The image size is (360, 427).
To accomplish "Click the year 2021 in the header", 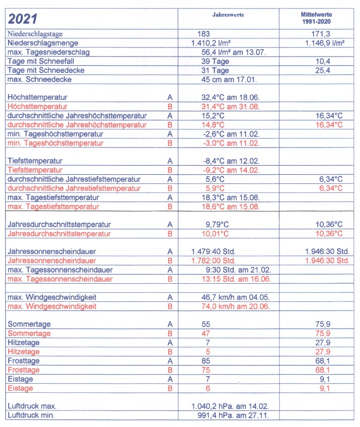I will (x=24, y=19).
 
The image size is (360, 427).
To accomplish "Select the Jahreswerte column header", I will (x=227, y=15).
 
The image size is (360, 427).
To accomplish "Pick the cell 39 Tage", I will (x=215, y=61).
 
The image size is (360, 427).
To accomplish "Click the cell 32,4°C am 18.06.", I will (x=227, y=98).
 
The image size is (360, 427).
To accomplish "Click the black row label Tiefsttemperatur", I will (x=35, y=161).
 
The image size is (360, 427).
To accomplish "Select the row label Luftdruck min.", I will (x=32, y=415).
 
